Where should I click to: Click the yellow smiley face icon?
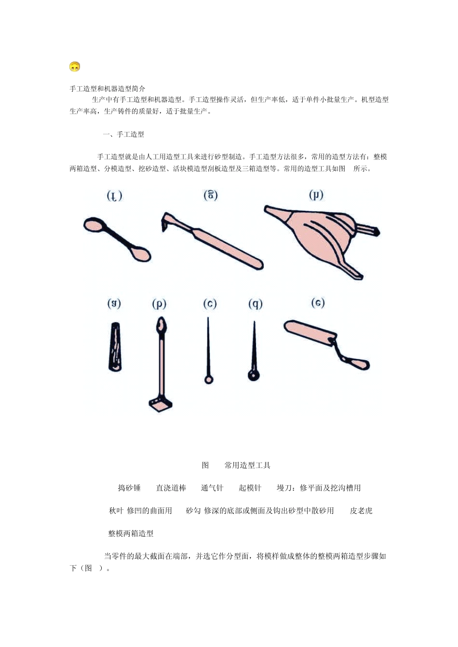coord(74,66)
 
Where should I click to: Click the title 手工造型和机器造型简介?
coord(108,89)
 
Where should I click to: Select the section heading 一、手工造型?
coord(123,134)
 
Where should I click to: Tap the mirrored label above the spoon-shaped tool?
coord(114,196)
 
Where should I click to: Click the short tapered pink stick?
coord(115,347)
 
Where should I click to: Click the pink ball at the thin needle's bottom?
coord(209,380)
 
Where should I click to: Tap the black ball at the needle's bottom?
coord(254,375)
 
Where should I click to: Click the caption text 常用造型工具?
coord(247,465)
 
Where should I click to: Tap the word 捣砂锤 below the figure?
coord(129,488)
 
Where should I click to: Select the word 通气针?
coord(212,488)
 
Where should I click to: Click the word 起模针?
coord(250,488)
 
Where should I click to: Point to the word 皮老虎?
coord(361,510)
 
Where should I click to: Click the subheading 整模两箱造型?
coord(131,533)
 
